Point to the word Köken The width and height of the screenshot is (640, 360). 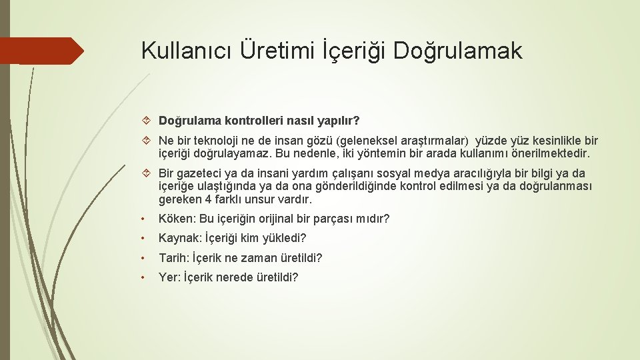(175, 219)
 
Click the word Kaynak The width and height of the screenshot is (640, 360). (178, 238)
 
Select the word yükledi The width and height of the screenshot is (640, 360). (286, 238)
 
